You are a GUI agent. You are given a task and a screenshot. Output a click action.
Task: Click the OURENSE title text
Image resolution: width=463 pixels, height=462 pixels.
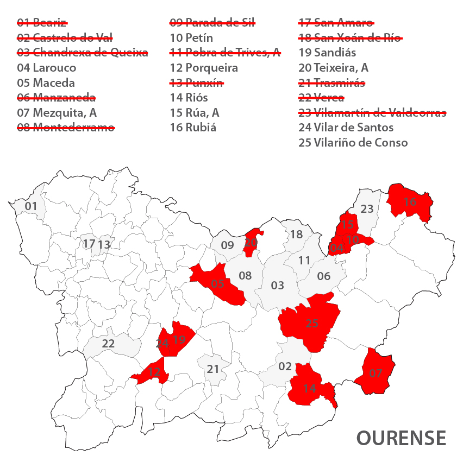pos(401,438)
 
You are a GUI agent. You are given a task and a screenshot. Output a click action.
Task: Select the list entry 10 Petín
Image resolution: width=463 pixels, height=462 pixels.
pos(191,38)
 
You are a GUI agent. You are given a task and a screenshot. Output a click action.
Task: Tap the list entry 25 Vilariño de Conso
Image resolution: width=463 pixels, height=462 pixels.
pos(353,143)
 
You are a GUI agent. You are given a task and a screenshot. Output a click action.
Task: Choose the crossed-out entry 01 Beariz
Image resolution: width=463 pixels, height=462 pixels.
pos(42,23)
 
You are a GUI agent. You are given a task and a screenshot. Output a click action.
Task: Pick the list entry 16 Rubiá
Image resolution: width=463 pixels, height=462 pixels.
pos(193,128)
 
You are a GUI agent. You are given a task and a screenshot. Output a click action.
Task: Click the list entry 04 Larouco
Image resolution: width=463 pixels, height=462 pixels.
pos(47,68)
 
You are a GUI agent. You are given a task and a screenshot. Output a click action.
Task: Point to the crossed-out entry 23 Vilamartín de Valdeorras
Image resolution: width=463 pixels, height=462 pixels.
pos(372,113)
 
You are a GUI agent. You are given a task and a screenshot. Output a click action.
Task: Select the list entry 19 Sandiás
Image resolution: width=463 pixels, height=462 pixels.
pos(327,53)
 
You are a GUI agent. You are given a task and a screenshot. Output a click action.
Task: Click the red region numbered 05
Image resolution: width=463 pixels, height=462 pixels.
pos(218,283)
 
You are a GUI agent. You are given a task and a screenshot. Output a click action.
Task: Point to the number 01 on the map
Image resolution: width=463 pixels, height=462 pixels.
pos(31,206)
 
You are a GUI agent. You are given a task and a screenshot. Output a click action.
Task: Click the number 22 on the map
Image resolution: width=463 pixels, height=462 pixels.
pos(108,344)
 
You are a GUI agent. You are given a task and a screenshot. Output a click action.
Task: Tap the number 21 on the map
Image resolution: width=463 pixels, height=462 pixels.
pos(212,369)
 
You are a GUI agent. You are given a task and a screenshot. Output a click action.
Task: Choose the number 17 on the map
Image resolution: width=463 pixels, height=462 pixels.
pos(89,244)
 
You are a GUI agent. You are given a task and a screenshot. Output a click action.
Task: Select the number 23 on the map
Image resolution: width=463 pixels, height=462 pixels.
pos(367,208)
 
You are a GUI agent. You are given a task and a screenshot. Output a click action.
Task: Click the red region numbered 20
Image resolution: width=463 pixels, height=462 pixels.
pos(251,243)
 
